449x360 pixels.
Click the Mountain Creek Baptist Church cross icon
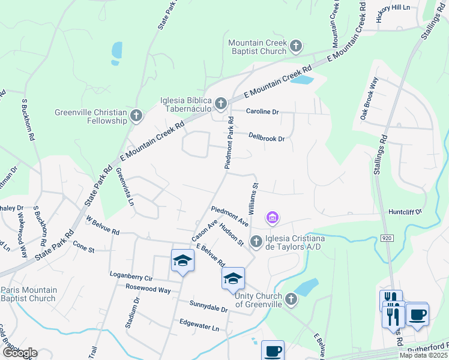(x=295, y=46)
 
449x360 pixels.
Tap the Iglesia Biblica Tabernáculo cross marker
(x=221, y=104)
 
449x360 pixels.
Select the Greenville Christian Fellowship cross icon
(x=137, y=116)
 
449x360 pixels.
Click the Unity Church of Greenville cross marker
(x=291, y=298)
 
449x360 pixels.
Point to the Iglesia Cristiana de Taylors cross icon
(x=256, y=241)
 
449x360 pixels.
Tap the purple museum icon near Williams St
(x=273, y=217)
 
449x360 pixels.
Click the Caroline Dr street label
(x=263, y=112)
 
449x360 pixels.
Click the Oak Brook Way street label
(x=368, y=98)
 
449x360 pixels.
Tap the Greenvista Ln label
(x=124, y=186)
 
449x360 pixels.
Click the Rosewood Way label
(x=148, y=290)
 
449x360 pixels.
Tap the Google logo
(x=19, y=352)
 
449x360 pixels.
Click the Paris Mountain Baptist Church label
(x=29, y=294)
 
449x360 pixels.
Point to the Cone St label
(x=83, y=246)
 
